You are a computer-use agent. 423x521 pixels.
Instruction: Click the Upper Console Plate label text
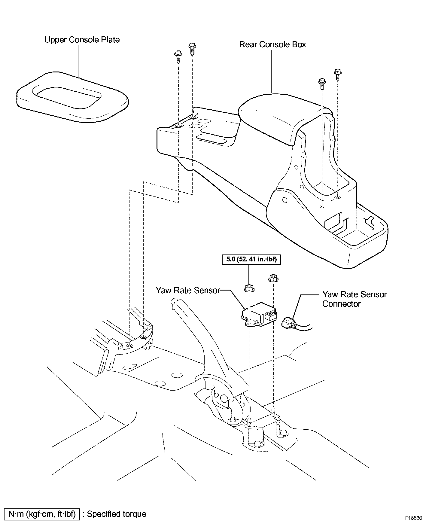pos(82,40)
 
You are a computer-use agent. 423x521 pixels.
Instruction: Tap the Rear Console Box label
pos(272,45)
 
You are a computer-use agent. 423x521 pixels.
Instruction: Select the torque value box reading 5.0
pos(251,259)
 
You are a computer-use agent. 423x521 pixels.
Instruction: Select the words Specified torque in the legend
pos(116,514)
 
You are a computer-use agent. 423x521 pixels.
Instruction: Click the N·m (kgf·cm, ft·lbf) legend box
pos(42,514)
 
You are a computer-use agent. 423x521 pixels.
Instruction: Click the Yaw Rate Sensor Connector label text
pos(354,299)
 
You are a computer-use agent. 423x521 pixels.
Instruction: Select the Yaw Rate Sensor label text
pos(188,291)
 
